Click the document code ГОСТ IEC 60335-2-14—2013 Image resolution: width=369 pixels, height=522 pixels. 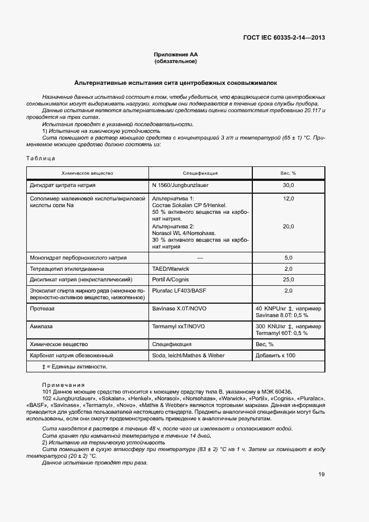click(x=284, y=38)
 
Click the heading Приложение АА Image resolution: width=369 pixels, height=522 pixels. click(x=176, y=54)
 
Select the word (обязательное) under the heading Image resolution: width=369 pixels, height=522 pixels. click(x=176, y=61)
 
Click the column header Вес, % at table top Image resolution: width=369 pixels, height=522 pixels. click(x=288, y=173)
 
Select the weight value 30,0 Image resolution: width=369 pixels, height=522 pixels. click(x=288, y=185)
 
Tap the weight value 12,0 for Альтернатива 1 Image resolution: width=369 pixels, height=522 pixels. click(x=288, y=199)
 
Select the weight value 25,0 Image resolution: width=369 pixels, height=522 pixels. click(x=288, y=279)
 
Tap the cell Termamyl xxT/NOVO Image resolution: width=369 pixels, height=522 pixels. click(x=175, y=325)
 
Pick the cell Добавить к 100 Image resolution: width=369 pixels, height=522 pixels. click(x=276, y=355)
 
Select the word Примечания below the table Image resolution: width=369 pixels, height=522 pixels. click(x=63, y=385)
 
